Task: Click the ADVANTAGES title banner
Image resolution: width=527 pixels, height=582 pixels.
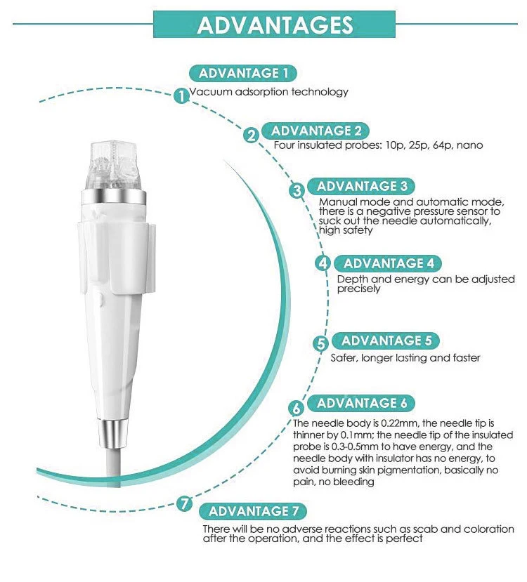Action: click(275, 25)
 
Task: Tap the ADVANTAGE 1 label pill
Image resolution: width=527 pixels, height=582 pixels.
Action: click(243, 73)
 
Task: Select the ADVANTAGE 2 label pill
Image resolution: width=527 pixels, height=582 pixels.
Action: click(315, 131)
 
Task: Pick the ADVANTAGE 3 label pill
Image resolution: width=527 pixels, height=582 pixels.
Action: click(361, 186)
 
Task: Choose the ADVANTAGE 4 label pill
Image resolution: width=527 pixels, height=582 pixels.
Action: click(388, 263)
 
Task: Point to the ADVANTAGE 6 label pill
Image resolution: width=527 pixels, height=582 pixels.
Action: click(361, 403)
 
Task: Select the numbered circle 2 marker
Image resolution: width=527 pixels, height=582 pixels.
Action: click(252, 135)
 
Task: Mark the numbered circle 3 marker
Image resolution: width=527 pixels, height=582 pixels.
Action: click(297, 190)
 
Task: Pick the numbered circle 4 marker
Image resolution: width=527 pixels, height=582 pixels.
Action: click(323, 264)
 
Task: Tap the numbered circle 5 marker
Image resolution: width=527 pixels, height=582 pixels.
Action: click(320, 344)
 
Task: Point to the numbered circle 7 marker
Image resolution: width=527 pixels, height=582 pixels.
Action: click(185, 503)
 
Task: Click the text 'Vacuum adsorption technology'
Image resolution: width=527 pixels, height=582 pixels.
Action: click(268, 92)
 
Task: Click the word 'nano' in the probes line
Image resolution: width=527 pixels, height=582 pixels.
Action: click(469, 145)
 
